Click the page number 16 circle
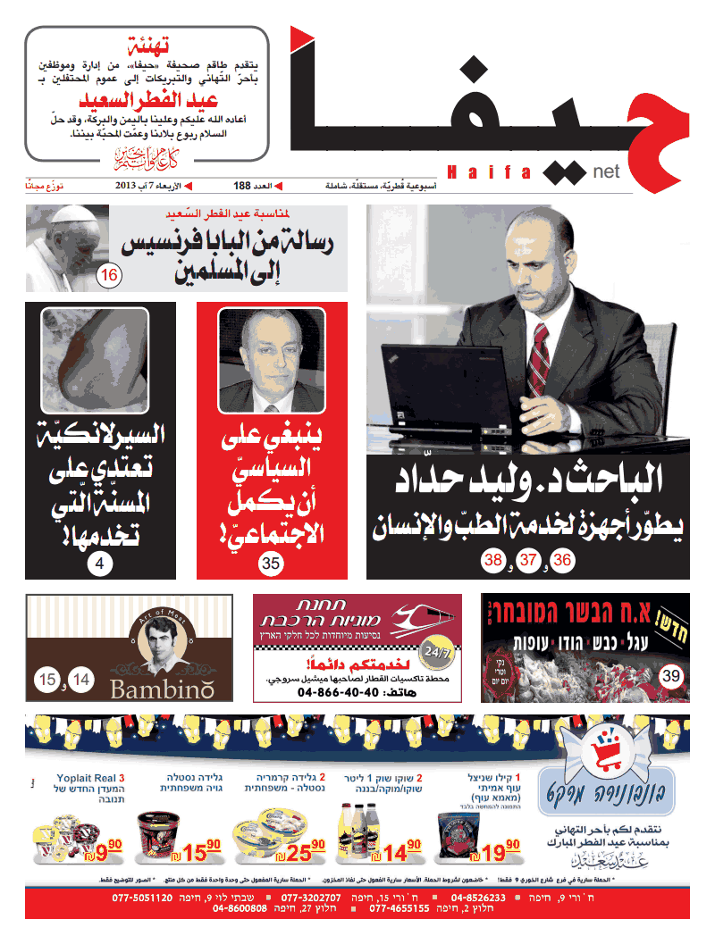[109, 275]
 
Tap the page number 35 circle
[271, 563]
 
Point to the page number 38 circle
[492, 561]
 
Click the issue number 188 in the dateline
[242, 186]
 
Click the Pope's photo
[67, 247]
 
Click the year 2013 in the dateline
[125, 186]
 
